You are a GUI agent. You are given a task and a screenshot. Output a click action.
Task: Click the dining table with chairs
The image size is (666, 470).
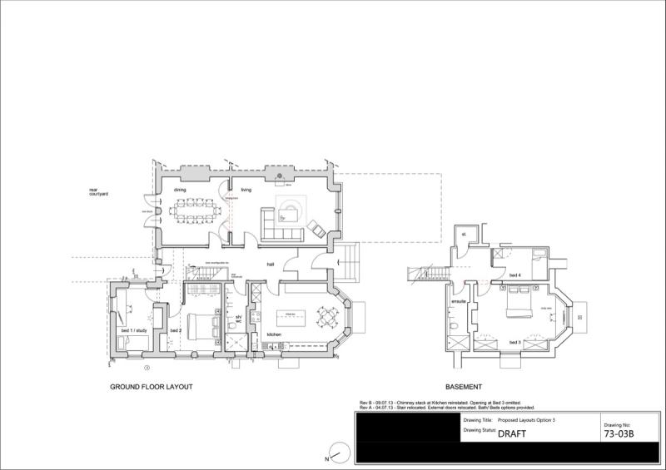194,210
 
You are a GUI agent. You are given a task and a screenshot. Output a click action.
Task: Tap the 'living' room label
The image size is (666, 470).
246,190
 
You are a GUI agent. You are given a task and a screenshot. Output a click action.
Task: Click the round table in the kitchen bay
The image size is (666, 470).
328,318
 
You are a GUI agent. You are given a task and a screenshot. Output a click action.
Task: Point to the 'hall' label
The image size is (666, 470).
271,265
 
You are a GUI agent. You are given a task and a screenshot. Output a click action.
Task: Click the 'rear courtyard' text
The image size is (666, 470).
99,193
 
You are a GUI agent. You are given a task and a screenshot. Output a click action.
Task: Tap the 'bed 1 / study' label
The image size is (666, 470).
134,331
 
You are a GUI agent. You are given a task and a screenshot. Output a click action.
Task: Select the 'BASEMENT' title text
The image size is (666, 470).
465,388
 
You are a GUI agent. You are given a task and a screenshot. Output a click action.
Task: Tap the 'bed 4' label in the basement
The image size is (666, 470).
514,275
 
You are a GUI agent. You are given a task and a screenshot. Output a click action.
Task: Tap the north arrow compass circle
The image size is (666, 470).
339,453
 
